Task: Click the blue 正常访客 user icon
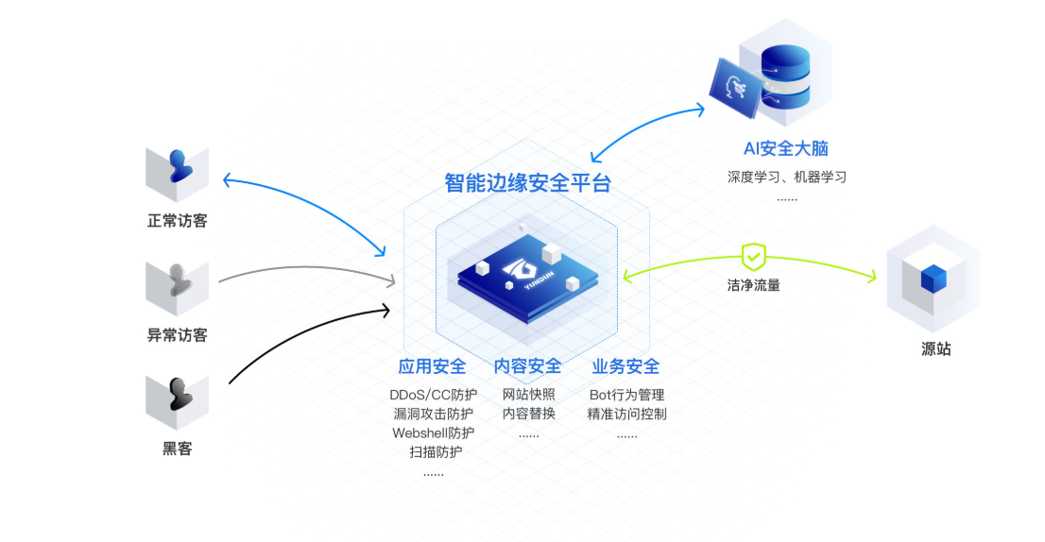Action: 178,167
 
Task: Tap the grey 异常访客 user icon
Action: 178,281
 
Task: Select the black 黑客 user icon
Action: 178,396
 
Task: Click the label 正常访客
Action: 178,222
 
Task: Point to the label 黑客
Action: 178,449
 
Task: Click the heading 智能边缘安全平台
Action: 527,183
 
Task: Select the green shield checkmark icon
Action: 753,256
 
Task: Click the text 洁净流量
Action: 754,285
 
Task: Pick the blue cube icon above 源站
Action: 933,279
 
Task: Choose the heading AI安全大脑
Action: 786,148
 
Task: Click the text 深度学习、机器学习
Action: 786,177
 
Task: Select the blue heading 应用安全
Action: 432,366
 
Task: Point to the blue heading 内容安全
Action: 527,366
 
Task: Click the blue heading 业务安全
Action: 625,366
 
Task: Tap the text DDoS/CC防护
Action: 433,395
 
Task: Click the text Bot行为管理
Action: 626,395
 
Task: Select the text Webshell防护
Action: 433,432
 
